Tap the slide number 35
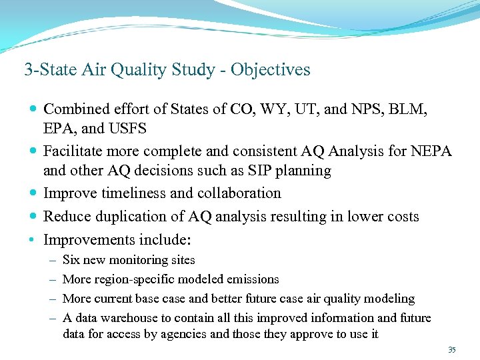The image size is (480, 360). pyautogui.click(x=452, y=349)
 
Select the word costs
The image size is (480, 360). pyautogui.click(x=399, y=217)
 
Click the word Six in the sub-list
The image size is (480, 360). pyautogui.click(x=71, y=260)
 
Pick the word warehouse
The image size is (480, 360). pyautogui.click(x=130, y=318)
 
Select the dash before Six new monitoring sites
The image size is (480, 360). pyautogui.click(x=51, y=260)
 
